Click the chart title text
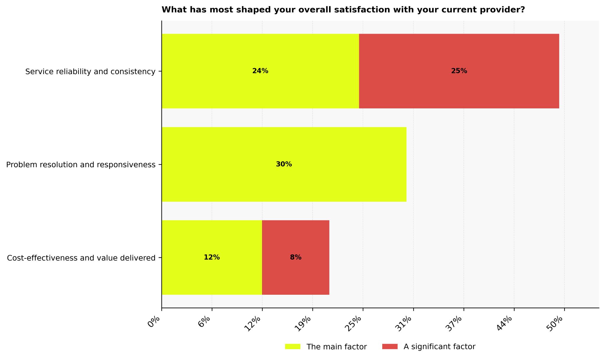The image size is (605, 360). point(343,10)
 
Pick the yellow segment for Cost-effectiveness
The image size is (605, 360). point(212,275)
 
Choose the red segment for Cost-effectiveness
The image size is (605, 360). point(295,275)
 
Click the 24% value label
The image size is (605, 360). point(260,71)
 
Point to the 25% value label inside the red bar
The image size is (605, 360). point(459,71)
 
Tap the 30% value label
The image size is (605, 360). point(284,164)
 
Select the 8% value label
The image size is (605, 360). point(295,258)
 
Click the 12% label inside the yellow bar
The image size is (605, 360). point(212,258)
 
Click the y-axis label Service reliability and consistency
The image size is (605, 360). point(90,72)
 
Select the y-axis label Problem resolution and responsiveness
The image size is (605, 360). point(81,165)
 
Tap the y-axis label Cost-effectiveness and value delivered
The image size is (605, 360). point(81,258)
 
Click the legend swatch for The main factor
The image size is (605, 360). point(292,347)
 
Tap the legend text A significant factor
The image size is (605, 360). point(439,347)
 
